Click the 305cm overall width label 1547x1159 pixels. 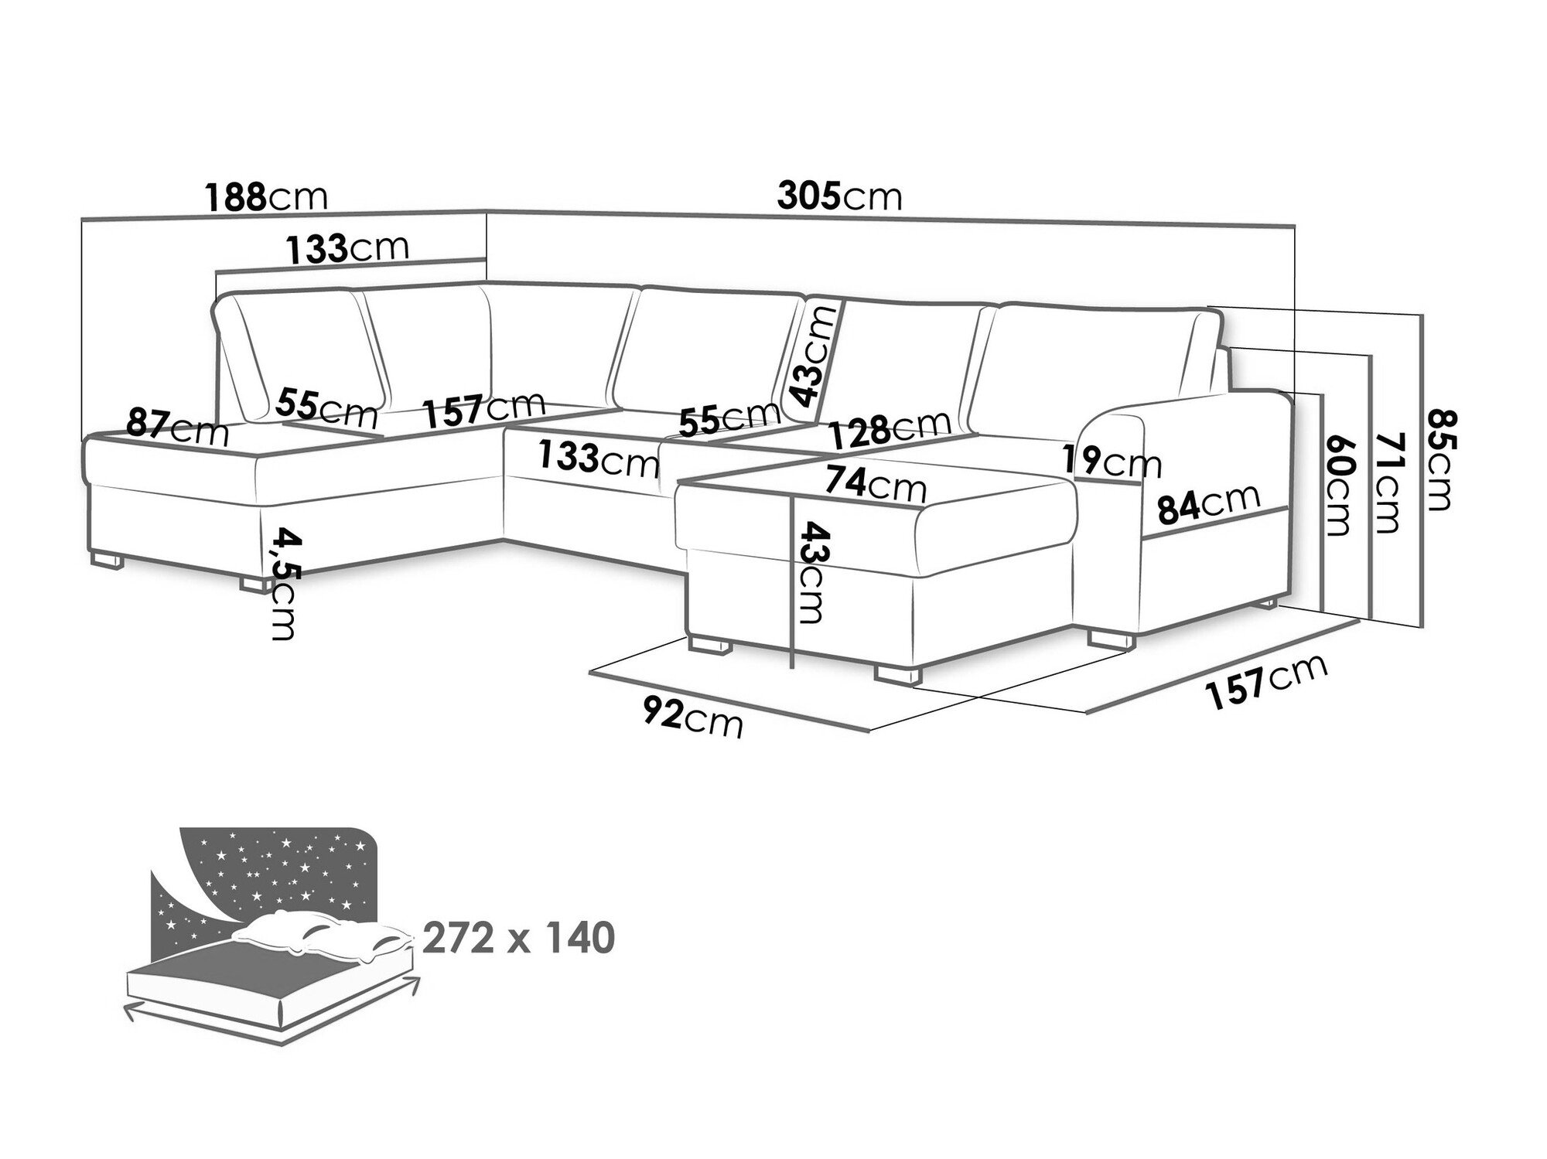click(839, 196)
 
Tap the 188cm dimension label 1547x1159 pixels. click(266, 196)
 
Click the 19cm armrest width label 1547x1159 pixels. click(1112, 462)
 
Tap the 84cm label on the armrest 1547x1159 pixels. click(1208, 503)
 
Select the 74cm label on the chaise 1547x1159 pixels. click(875, 484)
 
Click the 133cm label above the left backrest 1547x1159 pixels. click(347, 249)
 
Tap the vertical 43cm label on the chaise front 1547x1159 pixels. click(811, 573)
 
